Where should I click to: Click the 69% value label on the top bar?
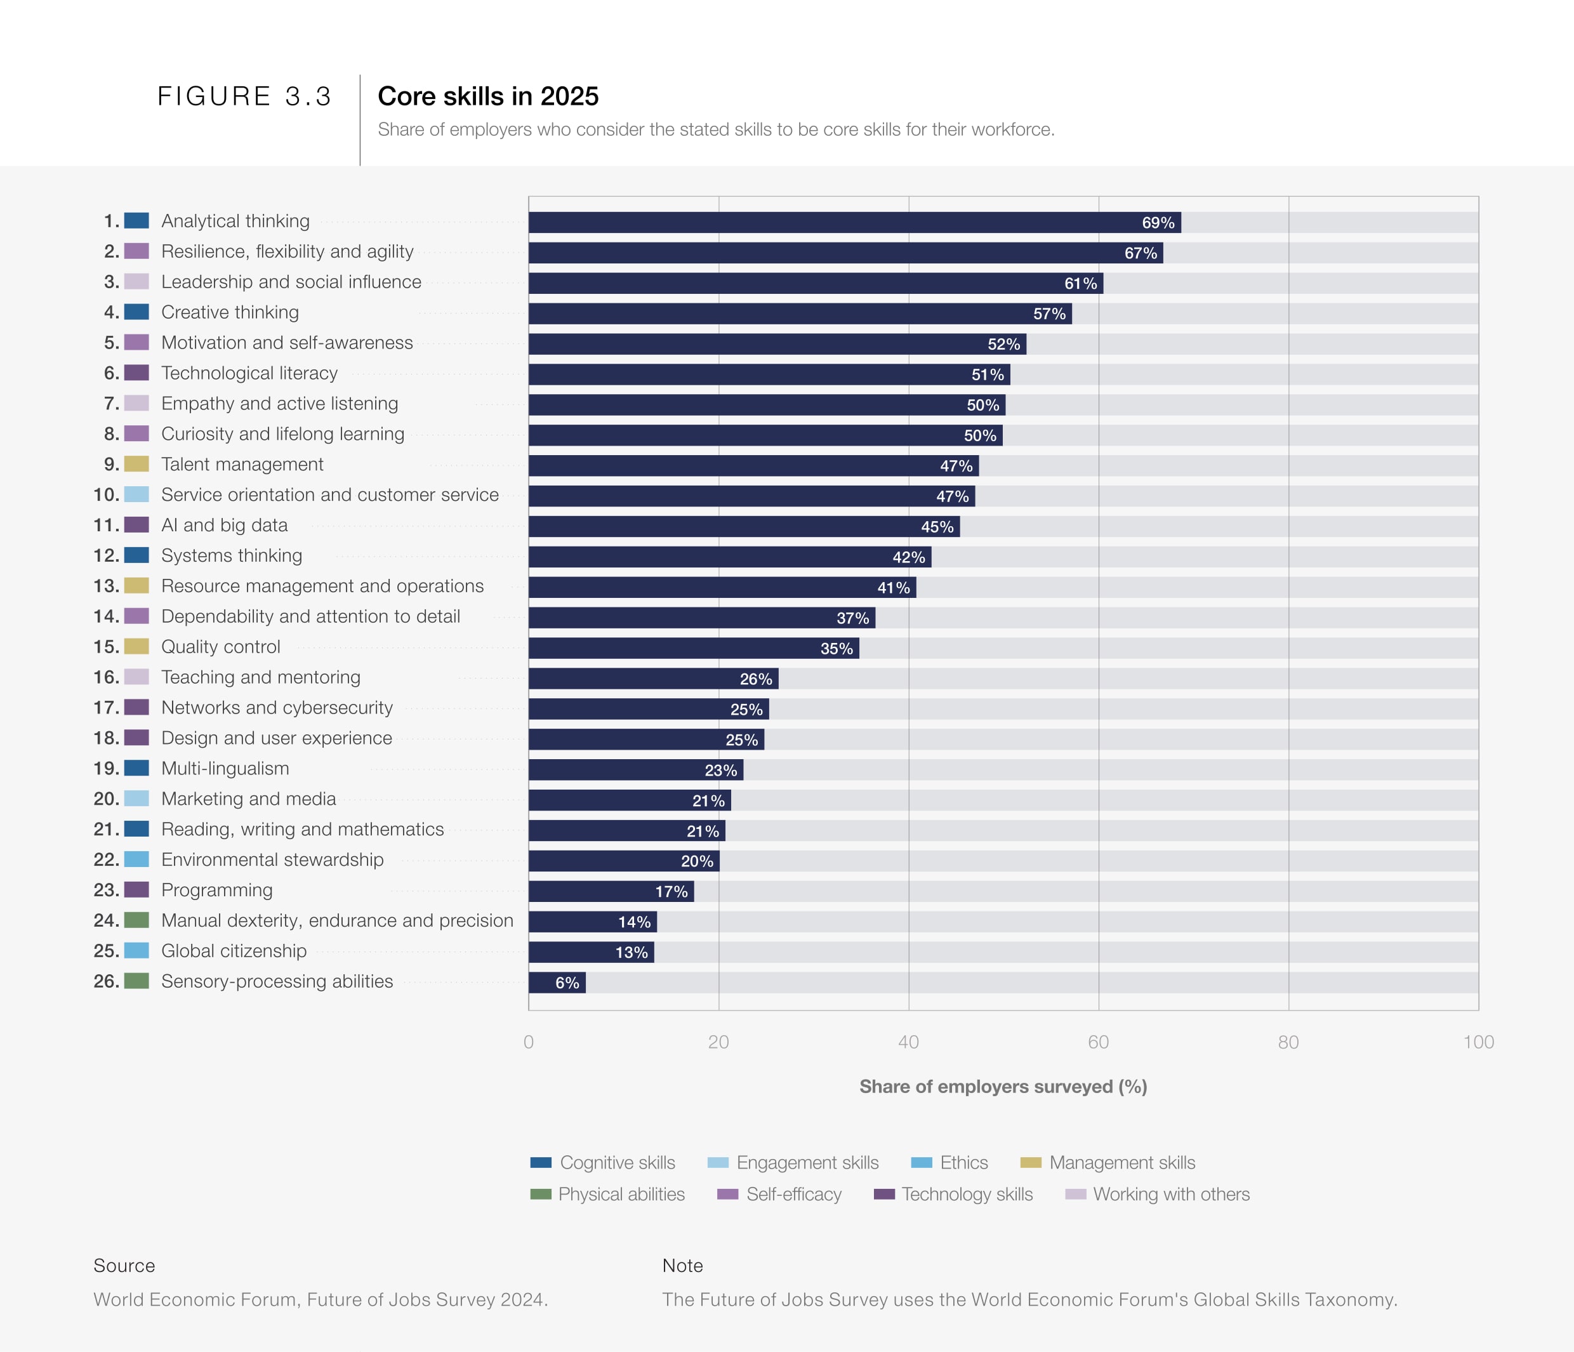[x=1158, y=223]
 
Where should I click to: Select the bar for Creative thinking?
[x=799, y=314]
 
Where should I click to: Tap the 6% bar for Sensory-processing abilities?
[x=557, y=983]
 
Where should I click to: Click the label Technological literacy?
[x=249, y=373]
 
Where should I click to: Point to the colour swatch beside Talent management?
[x=136, y=464]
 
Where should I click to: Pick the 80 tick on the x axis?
[x=1288, y=1042]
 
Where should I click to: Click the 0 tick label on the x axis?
[x=529, y=1042]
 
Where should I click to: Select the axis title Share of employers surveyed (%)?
[x=1003, y=1087]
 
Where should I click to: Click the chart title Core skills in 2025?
[x=487, y=96]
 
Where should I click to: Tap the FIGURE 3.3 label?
[x=244, y=96]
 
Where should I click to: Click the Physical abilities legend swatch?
[x=541, y=1195]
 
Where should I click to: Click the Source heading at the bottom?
[x=124, y=1266]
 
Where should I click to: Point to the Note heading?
[x=682, y=1266]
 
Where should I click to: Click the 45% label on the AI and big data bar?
[x=937, y=527]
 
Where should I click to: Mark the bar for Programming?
[x=611, y=892]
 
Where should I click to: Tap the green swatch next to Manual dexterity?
[x=136, y=920]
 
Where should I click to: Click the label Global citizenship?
[x=234, y=951]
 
